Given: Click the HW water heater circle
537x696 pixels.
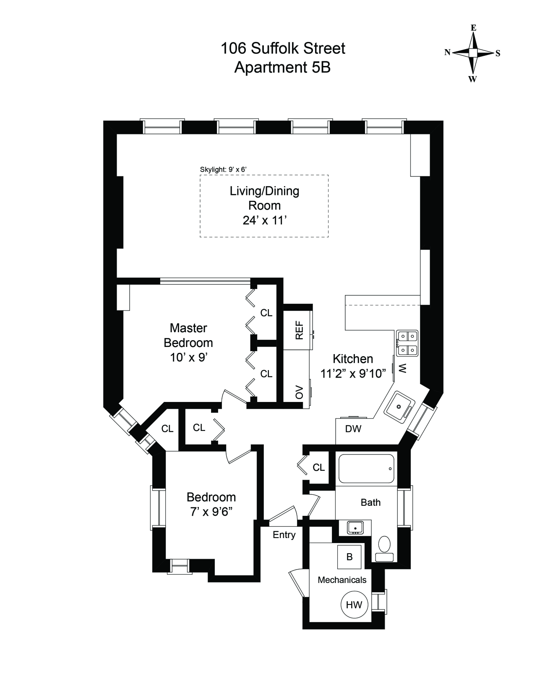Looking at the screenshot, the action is pos(354,605).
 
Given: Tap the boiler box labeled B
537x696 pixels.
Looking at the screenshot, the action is pos(349,557).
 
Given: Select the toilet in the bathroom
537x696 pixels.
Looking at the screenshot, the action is pos(384,550).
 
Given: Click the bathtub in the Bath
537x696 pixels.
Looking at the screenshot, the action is pos(366,469).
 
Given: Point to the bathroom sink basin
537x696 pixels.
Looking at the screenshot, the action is pos(355,528).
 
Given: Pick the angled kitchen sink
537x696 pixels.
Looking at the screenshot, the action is pos(399,407).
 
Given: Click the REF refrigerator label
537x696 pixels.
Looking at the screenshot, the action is pos(299,330).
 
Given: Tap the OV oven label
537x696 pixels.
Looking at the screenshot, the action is pos(299,392).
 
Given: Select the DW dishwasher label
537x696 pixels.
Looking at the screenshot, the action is pos(353,428).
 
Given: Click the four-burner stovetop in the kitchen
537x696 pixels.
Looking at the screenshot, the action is pos(407,343).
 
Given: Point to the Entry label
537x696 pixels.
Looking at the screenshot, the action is pos(284,535).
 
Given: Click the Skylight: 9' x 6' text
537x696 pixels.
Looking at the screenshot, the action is pos(223,169).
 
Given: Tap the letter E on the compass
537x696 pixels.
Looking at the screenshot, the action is pos(473,28).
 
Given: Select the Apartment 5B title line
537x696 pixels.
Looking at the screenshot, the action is pos(282,67).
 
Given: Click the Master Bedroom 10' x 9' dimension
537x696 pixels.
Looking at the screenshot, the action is pos(189,357).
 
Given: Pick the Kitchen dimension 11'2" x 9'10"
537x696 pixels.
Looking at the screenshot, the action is pos(353,373).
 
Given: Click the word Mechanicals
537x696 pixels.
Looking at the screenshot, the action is pos(342,580).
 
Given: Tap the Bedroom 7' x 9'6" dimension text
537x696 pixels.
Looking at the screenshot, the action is pos(211,512).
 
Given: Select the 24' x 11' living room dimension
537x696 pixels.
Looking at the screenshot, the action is pos(264,221).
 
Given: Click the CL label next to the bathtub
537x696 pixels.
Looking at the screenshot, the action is pos(318,468).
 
